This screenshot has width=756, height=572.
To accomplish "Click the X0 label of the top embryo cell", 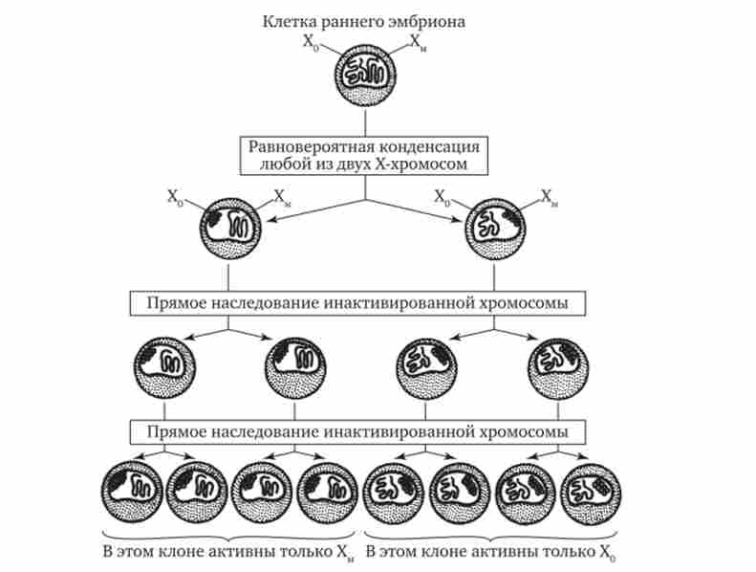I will [310, 41].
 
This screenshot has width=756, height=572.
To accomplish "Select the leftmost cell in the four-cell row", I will [165, 368].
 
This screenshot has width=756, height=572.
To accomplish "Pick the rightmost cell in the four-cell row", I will [558, 367].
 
